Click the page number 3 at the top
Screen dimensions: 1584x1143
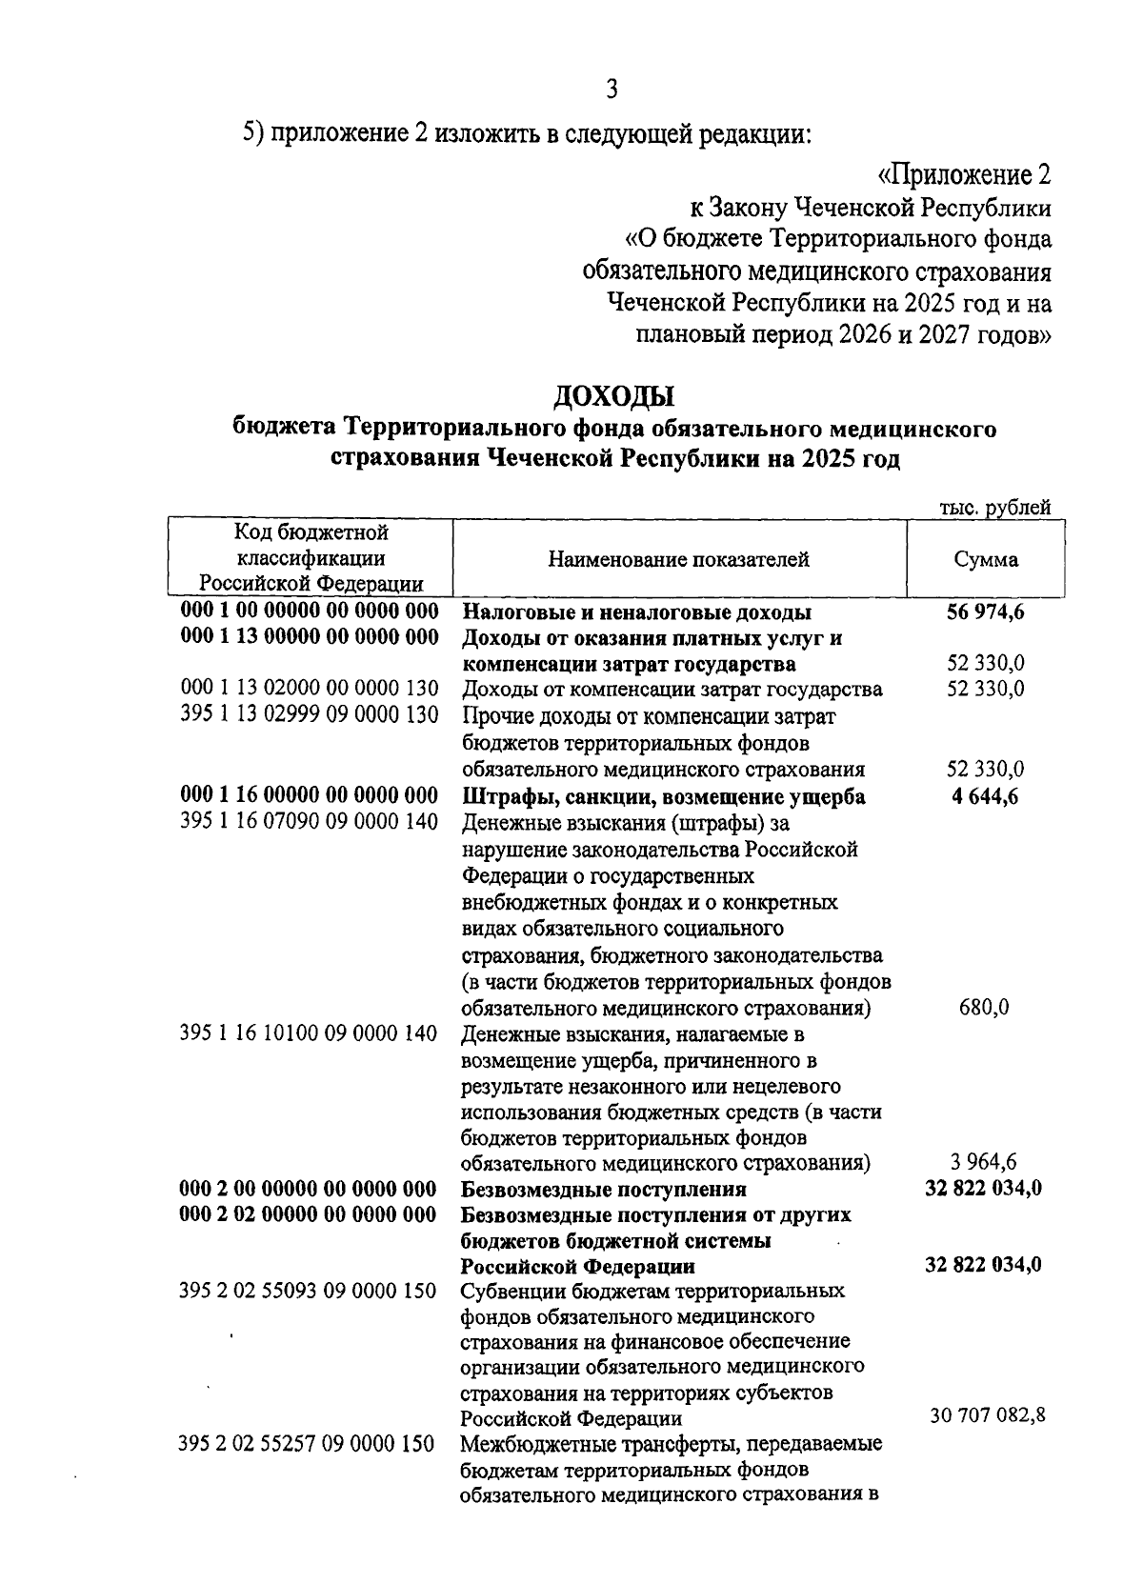tap(612, 90)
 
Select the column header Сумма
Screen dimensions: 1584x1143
tap(986, 559)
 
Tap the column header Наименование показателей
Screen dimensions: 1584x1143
tap(678, 559)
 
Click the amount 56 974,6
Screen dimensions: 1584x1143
tap(986, 612)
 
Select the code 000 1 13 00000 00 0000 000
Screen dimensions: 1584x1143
tap(310, 637)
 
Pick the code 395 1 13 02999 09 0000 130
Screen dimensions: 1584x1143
tap(310, 714)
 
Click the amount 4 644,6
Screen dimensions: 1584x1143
tap(984, 796)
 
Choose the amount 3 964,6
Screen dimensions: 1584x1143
tap(984, 1161)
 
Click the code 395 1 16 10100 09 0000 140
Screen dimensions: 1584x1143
tap(310, 1033)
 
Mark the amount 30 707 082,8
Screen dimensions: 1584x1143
tap(988, 1415)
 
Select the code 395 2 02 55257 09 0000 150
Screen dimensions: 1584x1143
tap(307, 1444)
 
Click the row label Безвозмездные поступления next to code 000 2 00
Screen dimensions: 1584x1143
tap(603, 1189)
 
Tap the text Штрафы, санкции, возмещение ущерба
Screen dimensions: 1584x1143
tap(663, 796)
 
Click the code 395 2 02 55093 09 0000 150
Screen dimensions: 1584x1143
tap(308, 1292)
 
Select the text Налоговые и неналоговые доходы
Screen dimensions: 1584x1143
tap(636, 612)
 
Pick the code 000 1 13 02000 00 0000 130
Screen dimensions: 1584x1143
tap(310, 689)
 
